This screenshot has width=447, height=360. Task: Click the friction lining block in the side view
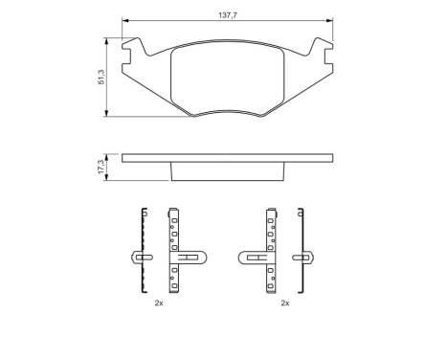coord(227,170)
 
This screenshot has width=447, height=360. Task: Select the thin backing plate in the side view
coord(227,157)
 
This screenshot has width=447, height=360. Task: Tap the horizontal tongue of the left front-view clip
coord(190,256)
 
